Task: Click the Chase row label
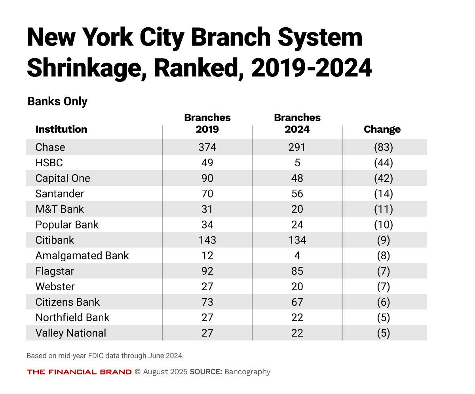coord(50,147)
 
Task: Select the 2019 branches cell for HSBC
coord(207,163)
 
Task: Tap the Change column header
coord(382,129)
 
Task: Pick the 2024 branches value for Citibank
coord(297,240)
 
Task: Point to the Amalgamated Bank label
coord(82,255)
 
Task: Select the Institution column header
coord(61,129)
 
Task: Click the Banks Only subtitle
coord(57,101)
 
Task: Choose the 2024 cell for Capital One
coord(297,178)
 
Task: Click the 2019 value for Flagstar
coord(207,271)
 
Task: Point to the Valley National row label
coord(71,333)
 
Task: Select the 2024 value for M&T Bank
coord(297,209)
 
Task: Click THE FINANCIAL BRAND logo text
coord(79,372)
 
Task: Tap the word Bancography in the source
coord(247,372)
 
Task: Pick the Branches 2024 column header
coord(297,124)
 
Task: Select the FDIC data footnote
coord(105,356)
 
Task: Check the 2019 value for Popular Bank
coord(207,225)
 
